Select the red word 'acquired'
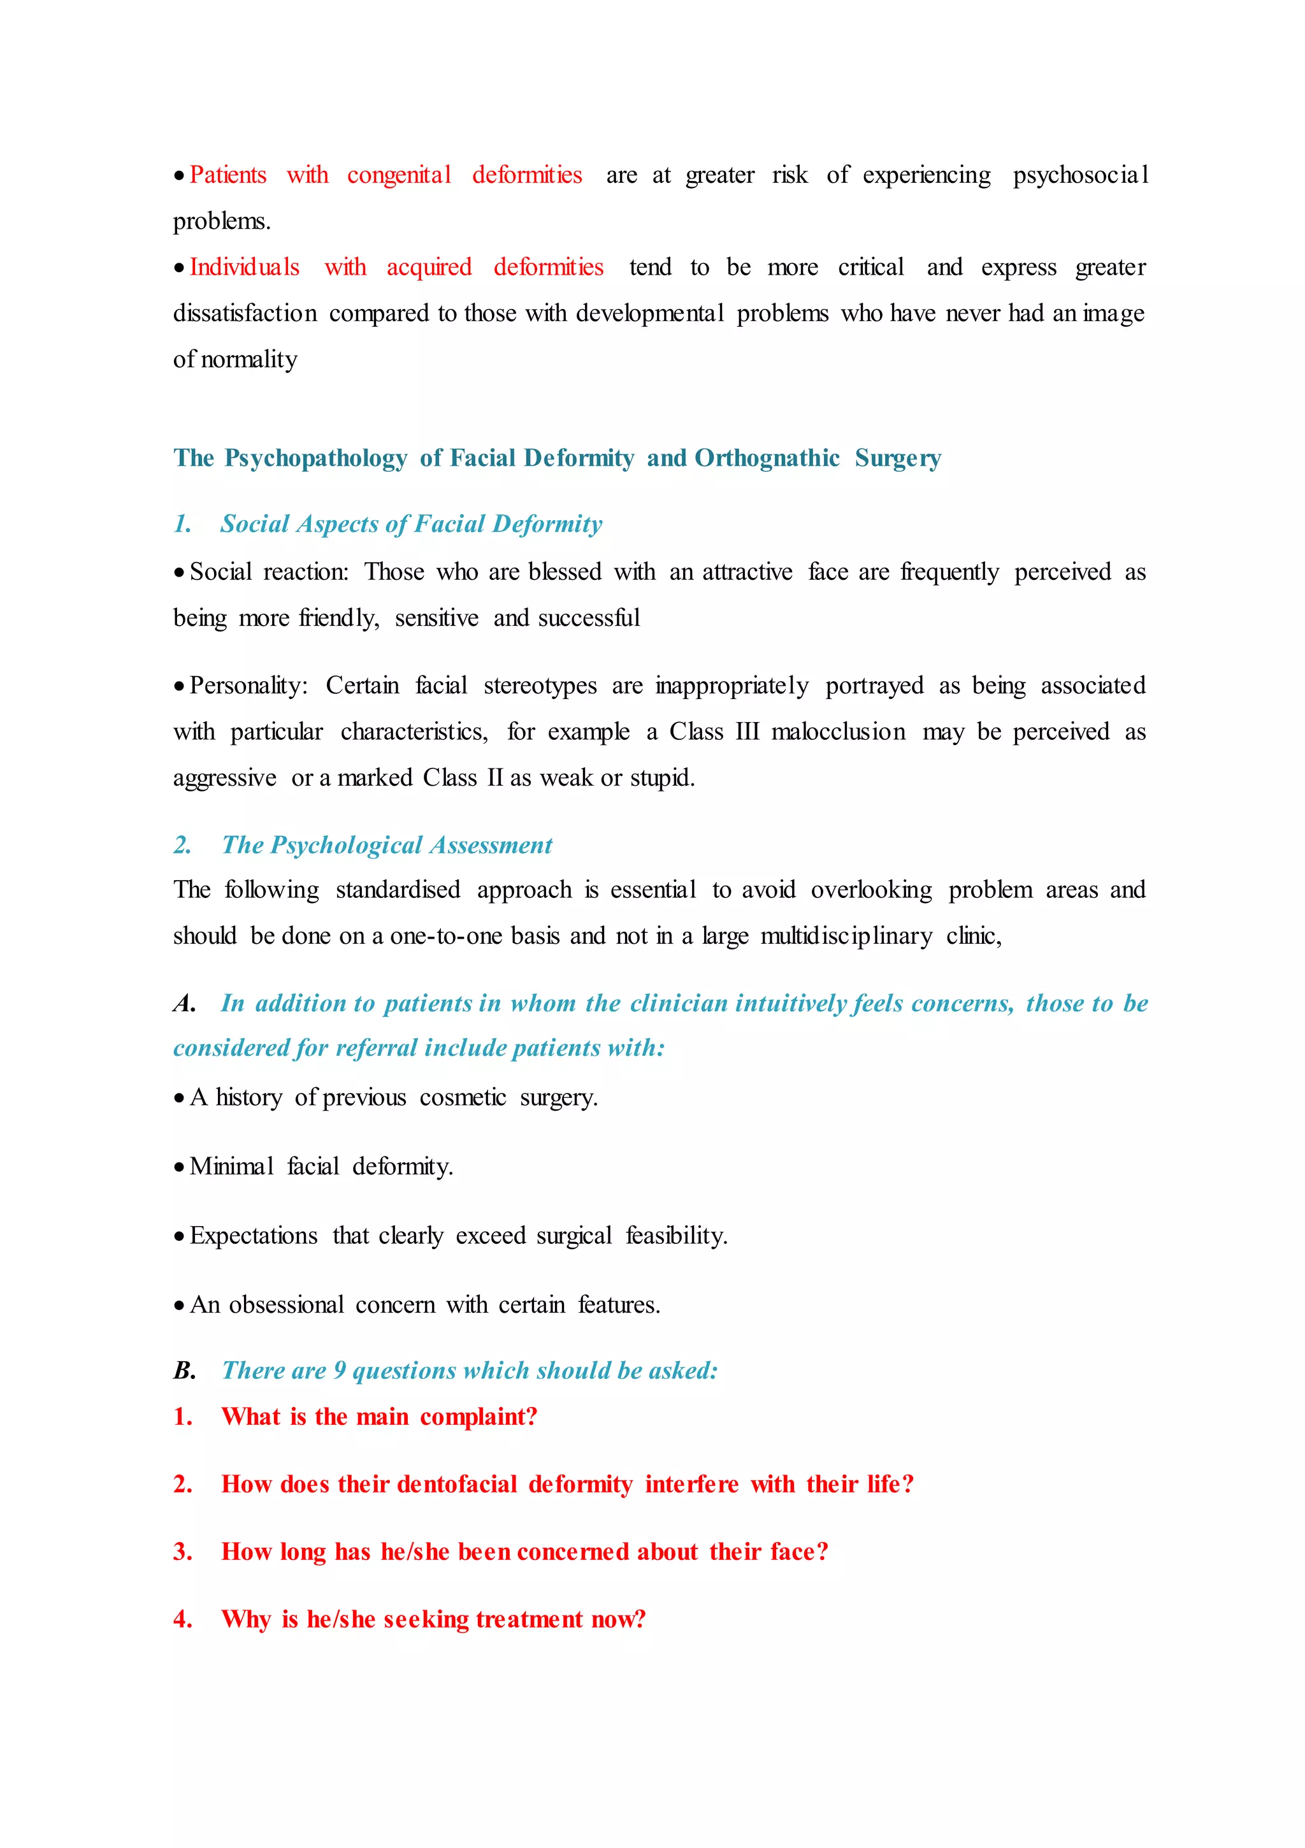coord(429,267)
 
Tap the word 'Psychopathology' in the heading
coord(315,458)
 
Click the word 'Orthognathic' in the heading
coord(767,458)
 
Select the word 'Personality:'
coord(249,686)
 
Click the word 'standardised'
coord(398,890)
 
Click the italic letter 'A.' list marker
coord(184,1004)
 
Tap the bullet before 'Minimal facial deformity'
coord(178,1167)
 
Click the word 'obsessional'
coord(287,1304)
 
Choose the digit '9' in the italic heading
coord(340,1371)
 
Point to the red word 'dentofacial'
coord(456,1484)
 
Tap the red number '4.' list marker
coord(183,1619)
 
